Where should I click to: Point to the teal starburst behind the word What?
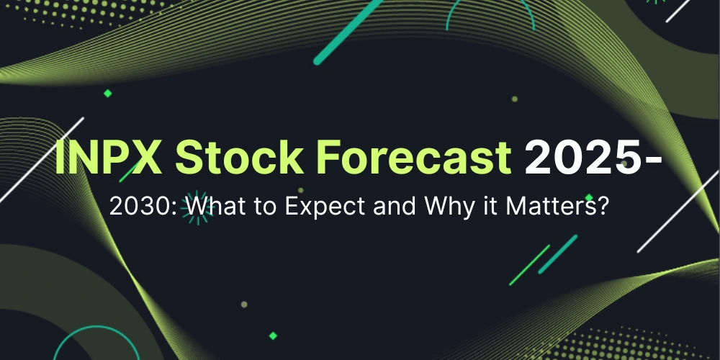coord(192,210)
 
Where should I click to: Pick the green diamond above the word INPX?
coord(107,93)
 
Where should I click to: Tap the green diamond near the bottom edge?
coord(272,335)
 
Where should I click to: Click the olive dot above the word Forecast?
coord(514,99)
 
